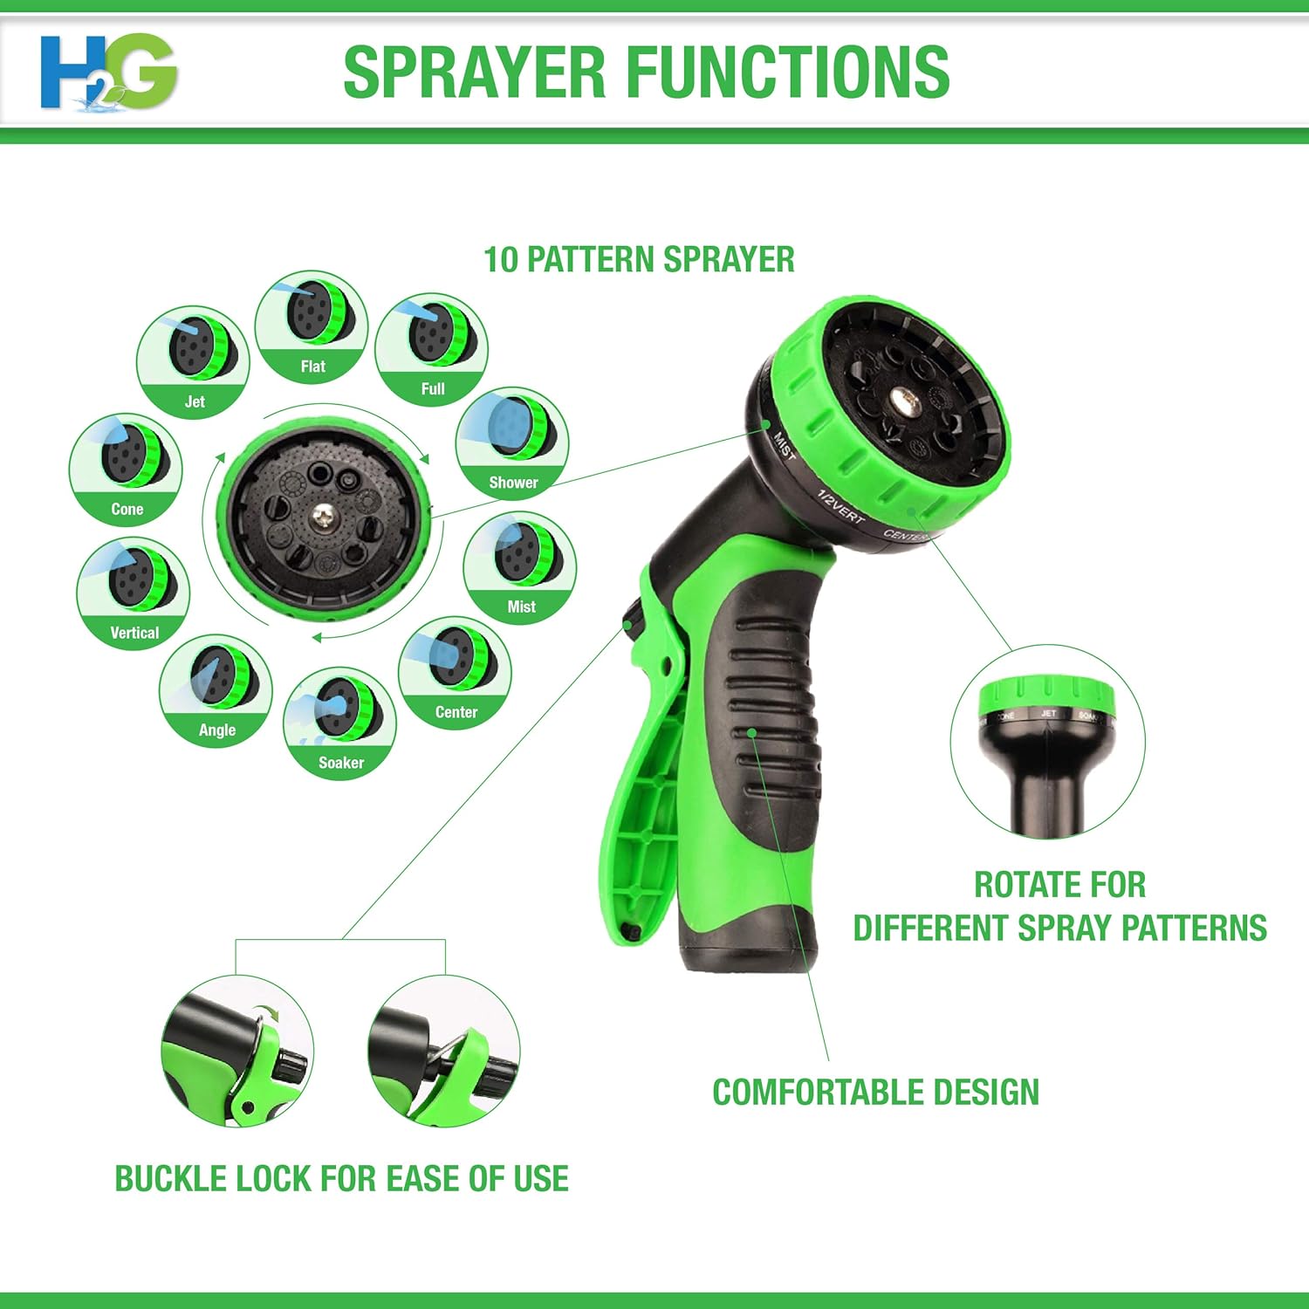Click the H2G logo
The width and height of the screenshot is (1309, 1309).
click(108, 72)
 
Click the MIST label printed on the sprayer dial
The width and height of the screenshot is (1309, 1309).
click(785, 445)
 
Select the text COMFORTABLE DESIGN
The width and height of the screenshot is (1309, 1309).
click(875, 1093)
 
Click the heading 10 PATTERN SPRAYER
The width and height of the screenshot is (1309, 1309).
click(639, 260)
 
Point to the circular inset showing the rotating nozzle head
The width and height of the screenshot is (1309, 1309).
click(1047, 743)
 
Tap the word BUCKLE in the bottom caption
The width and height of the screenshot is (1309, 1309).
click(161, 1179)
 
